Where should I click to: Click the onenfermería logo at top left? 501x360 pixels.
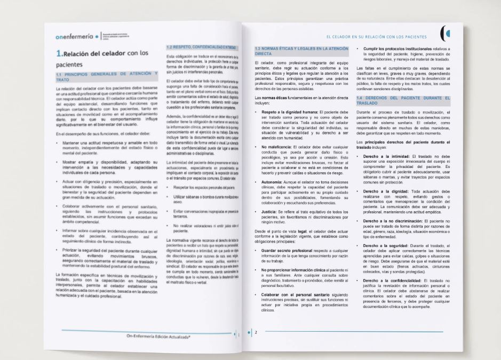click(74, 37)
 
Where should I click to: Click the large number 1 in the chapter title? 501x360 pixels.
click(59, 53)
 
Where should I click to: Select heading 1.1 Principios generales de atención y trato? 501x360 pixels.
click(104, 76)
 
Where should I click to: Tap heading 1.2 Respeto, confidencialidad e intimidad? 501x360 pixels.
click(201, 47)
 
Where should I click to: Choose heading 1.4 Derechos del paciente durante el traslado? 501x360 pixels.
click(403, 101)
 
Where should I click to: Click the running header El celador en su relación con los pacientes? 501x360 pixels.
click(376, 37)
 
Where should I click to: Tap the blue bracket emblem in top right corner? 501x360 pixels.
click(445, 33)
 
